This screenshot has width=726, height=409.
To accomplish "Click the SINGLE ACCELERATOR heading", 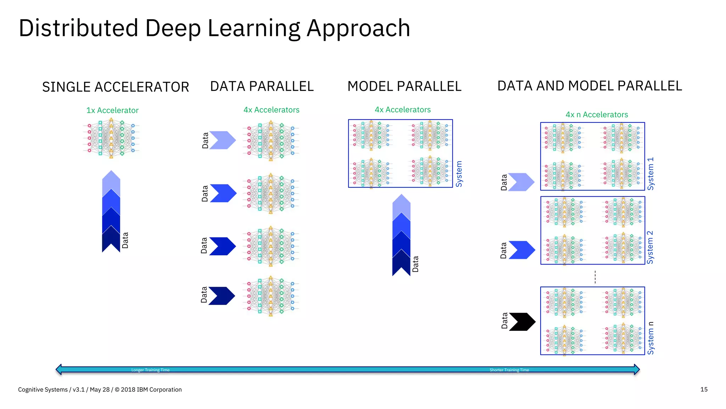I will pyautogui.click(x=116, y=87).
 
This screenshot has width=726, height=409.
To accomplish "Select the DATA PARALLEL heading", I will pyautogui.click(x=262, y=86).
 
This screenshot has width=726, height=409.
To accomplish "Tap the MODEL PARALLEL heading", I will pyautogui.click(x=404, y=86).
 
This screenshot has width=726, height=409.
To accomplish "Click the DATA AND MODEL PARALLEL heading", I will pyautogui.click(x=590, y=86).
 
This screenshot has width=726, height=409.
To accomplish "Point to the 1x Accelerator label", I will pyautogui.click(x=112, y=110).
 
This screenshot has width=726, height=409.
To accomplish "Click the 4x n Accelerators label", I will pyautogui.click(x=597, y=115).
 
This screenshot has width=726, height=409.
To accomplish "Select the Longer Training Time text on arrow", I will pyautogui.click(x=150, y=370).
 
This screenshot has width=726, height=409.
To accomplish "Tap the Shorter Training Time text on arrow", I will pyautogui.click(x=509, y=370).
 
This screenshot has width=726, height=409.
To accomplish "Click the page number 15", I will pyautogui.click(x=704, y=389).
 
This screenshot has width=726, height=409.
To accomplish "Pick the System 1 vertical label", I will pyautogui.click(x=650, y=174).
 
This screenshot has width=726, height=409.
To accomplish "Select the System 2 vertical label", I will pyautogui.click(x=650, y=247).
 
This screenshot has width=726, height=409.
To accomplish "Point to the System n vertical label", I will pyautogui.click(x=650, y=338).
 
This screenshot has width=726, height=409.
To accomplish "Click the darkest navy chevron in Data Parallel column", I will pyautogui.click(x=222, y=296).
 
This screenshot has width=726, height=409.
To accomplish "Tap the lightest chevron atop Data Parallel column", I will pyautogui.click(x=223, y=140).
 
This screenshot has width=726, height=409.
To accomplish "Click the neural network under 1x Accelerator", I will pyautogui.click(x=111, y=138).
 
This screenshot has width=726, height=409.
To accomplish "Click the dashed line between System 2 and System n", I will pyautogui.click(x=595, y=277).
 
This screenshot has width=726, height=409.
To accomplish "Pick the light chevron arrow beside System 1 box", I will pyautogui.click(x=521, y=182).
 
